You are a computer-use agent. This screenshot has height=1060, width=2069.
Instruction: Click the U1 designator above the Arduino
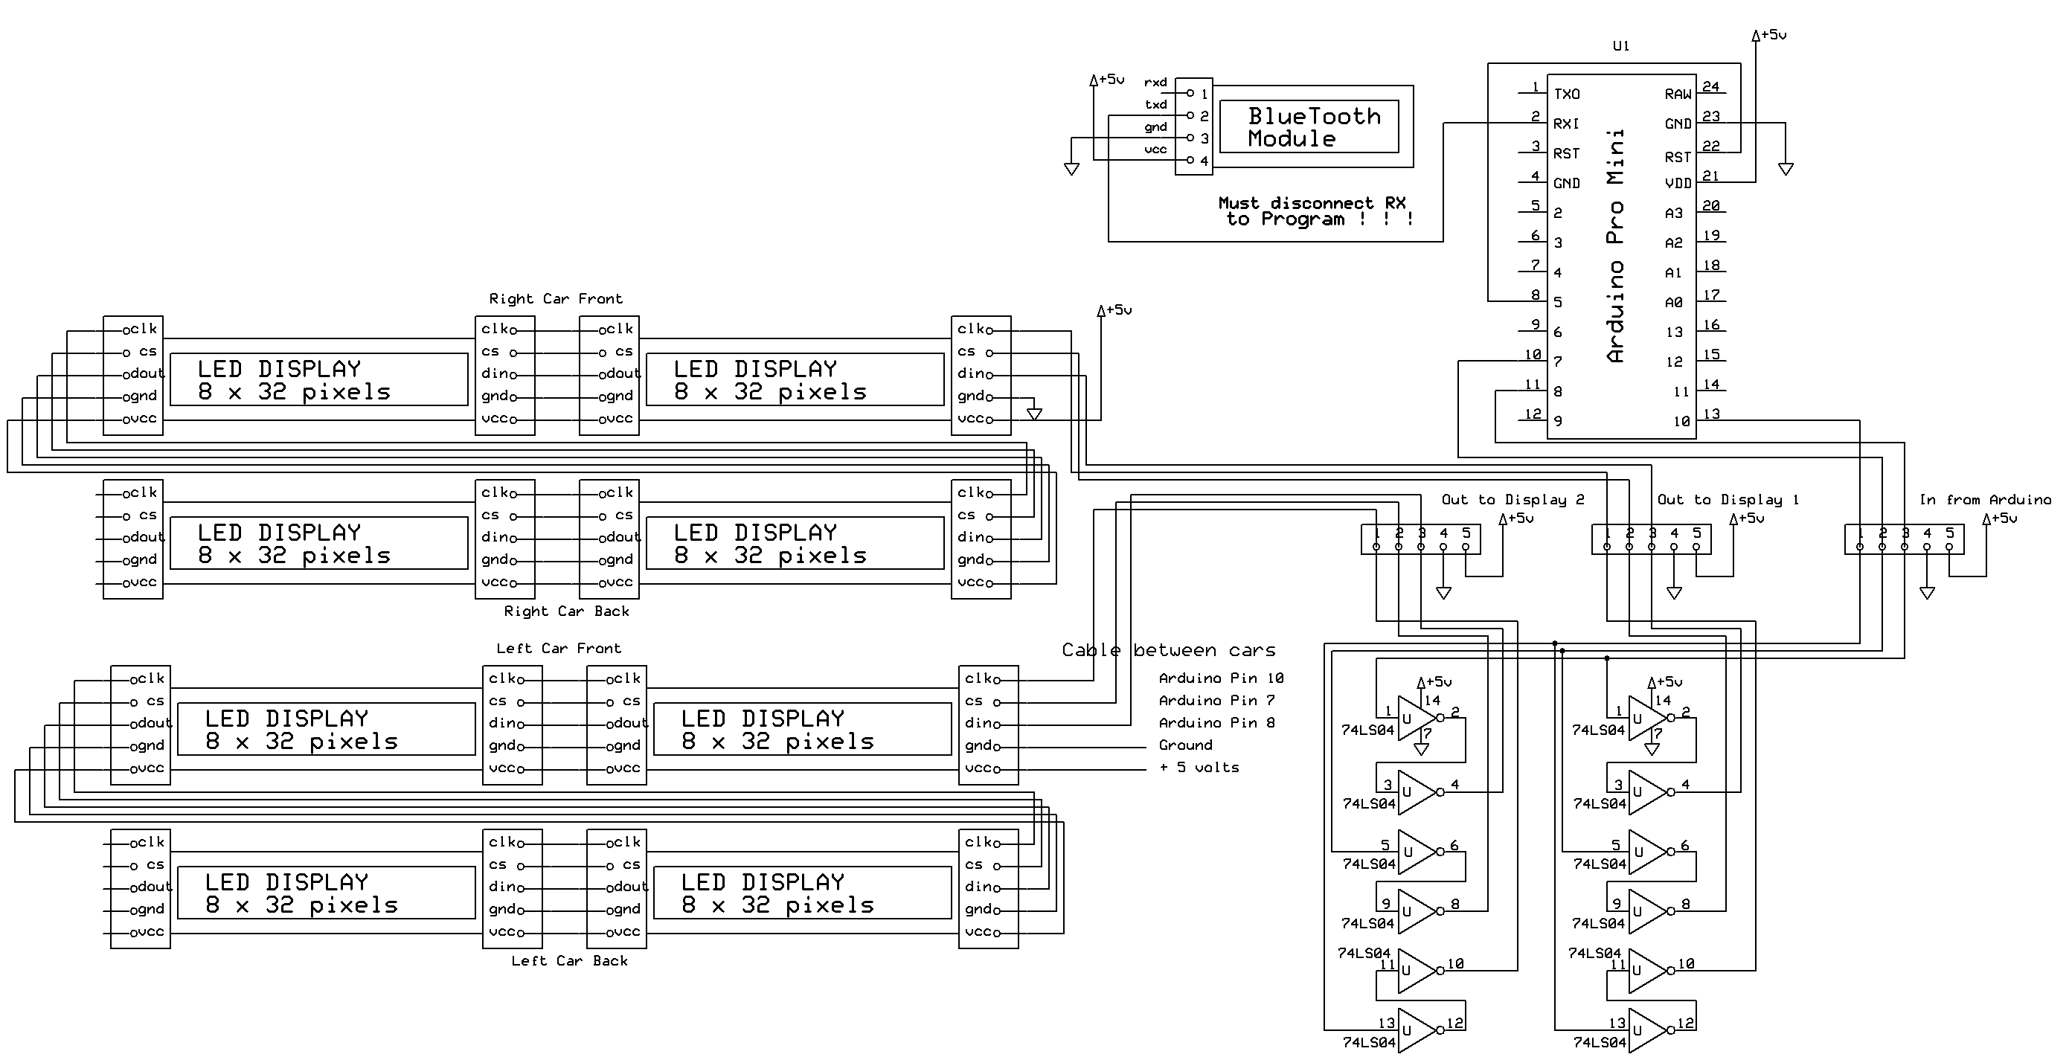(1621, 47)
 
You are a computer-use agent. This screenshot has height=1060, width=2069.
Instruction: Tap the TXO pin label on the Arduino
(1566, 94)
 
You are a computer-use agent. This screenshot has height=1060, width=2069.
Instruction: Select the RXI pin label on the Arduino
(1566, 123)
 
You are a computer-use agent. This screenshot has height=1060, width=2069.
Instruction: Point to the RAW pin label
(1678, 94)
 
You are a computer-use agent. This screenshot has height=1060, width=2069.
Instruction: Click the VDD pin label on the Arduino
(1678, 183)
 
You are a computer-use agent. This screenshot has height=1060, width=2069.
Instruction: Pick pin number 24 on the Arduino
(1711, 87)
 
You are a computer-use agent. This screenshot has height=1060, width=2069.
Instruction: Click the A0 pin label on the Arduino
(1674, 303)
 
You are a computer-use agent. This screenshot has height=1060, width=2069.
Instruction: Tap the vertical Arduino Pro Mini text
(1615, 245)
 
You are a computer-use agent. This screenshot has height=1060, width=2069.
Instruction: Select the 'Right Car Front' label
(556, 299)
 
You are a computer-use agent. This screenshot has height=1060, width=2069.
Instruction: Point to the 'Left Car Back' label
(569, 960)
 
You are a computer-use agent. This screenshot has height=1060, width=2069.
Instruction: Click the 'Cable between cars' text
(1169, 649)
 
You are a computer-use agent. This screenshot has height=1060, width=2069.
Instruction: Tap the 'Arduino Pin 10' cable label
(1221, 678)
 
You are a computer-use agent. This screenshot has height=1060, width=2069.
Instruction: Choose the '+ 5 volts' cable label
(1199, 768)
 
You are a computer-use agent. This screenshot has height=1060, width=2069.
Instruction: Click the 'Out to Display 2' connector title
(1513, 499)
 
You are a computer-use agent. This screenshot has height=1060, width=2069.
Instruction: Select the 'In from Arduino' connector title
(1985, 499)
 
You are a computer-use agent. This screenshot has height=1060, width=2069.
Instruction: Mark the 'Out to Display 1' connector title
(1728, 499)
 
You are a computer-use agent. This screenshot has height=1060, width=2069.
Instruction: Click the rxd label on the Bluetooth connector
(1155, 82)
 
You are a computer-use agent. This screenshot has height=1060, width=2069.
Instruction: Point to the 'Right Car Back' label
(566, 611)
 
